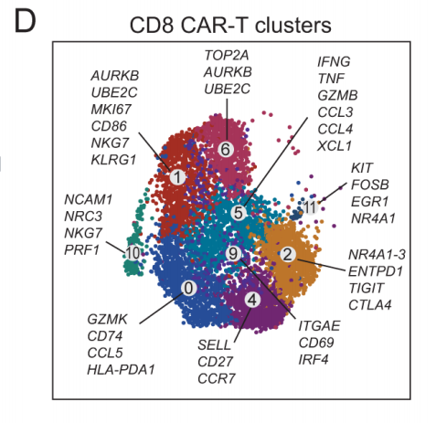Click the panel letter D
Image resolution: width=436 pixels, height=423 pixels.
pyautogui.click(x=25, y=22)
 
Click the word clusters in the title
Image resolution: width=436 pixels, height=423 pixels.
pyautogui.click(x=293, y=25)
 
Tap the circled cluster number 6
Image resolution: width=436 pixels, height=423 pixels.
pyautogui.click(x=226, y=150)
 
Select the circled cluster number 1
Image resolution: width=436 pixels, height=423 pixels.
pyautogui.click(x=177, y=177)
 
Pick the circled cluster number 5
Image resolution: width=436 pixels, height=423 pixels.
pyautogui.click(x=239, y=212)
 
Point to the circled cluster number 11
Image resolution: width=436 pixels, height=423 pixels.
pyautogui.click(x=310, y=207)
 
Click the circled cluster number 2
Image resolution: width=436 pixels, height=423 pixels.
pyautogui.click(x=287, y=254)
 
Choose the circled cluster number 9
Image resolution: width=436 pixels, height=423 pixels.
pyautogui.click(x=233, y=253)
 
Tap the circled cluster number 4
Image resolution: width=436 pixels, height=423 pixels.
pyautogui.click(x=252, y=300)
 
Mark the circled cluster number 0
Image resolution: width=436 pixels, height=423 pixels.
pyautogui.click(x=188, y=288)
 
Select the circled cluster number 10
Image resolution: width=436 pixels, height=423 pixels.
pyautogui.click(x=133, y=253)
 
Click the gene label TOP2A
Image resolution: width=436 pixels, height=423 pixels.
pyautogui.click(x=227, y=56)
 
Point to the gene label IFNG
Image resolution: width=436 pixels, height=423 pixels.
pyautogui.click(x=334, y=62)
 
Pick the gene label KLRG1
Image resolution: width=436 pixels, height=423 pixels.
pyautogui.click(x=113, y=160)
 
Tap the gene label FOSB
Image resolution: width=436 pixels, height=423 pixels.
pyautogui.click(x=370, y=185)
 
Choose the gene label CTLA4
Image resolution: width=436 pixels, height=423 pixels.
pyautogui.click(x=370, y=305)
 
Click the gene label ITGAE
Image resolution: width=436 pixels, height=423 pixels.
pyautogui.click(x=319, y=326)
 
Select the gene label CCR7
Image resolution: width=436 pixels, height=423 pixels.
pyautogui.click(x=217, y=378)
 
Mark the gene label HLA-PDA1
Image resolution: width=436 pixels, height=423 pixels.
pyautogui.click(x=121, y=370)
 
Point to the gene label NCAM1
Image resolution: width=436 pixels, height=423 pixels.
pyautogui.click(x=89, y=200)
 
